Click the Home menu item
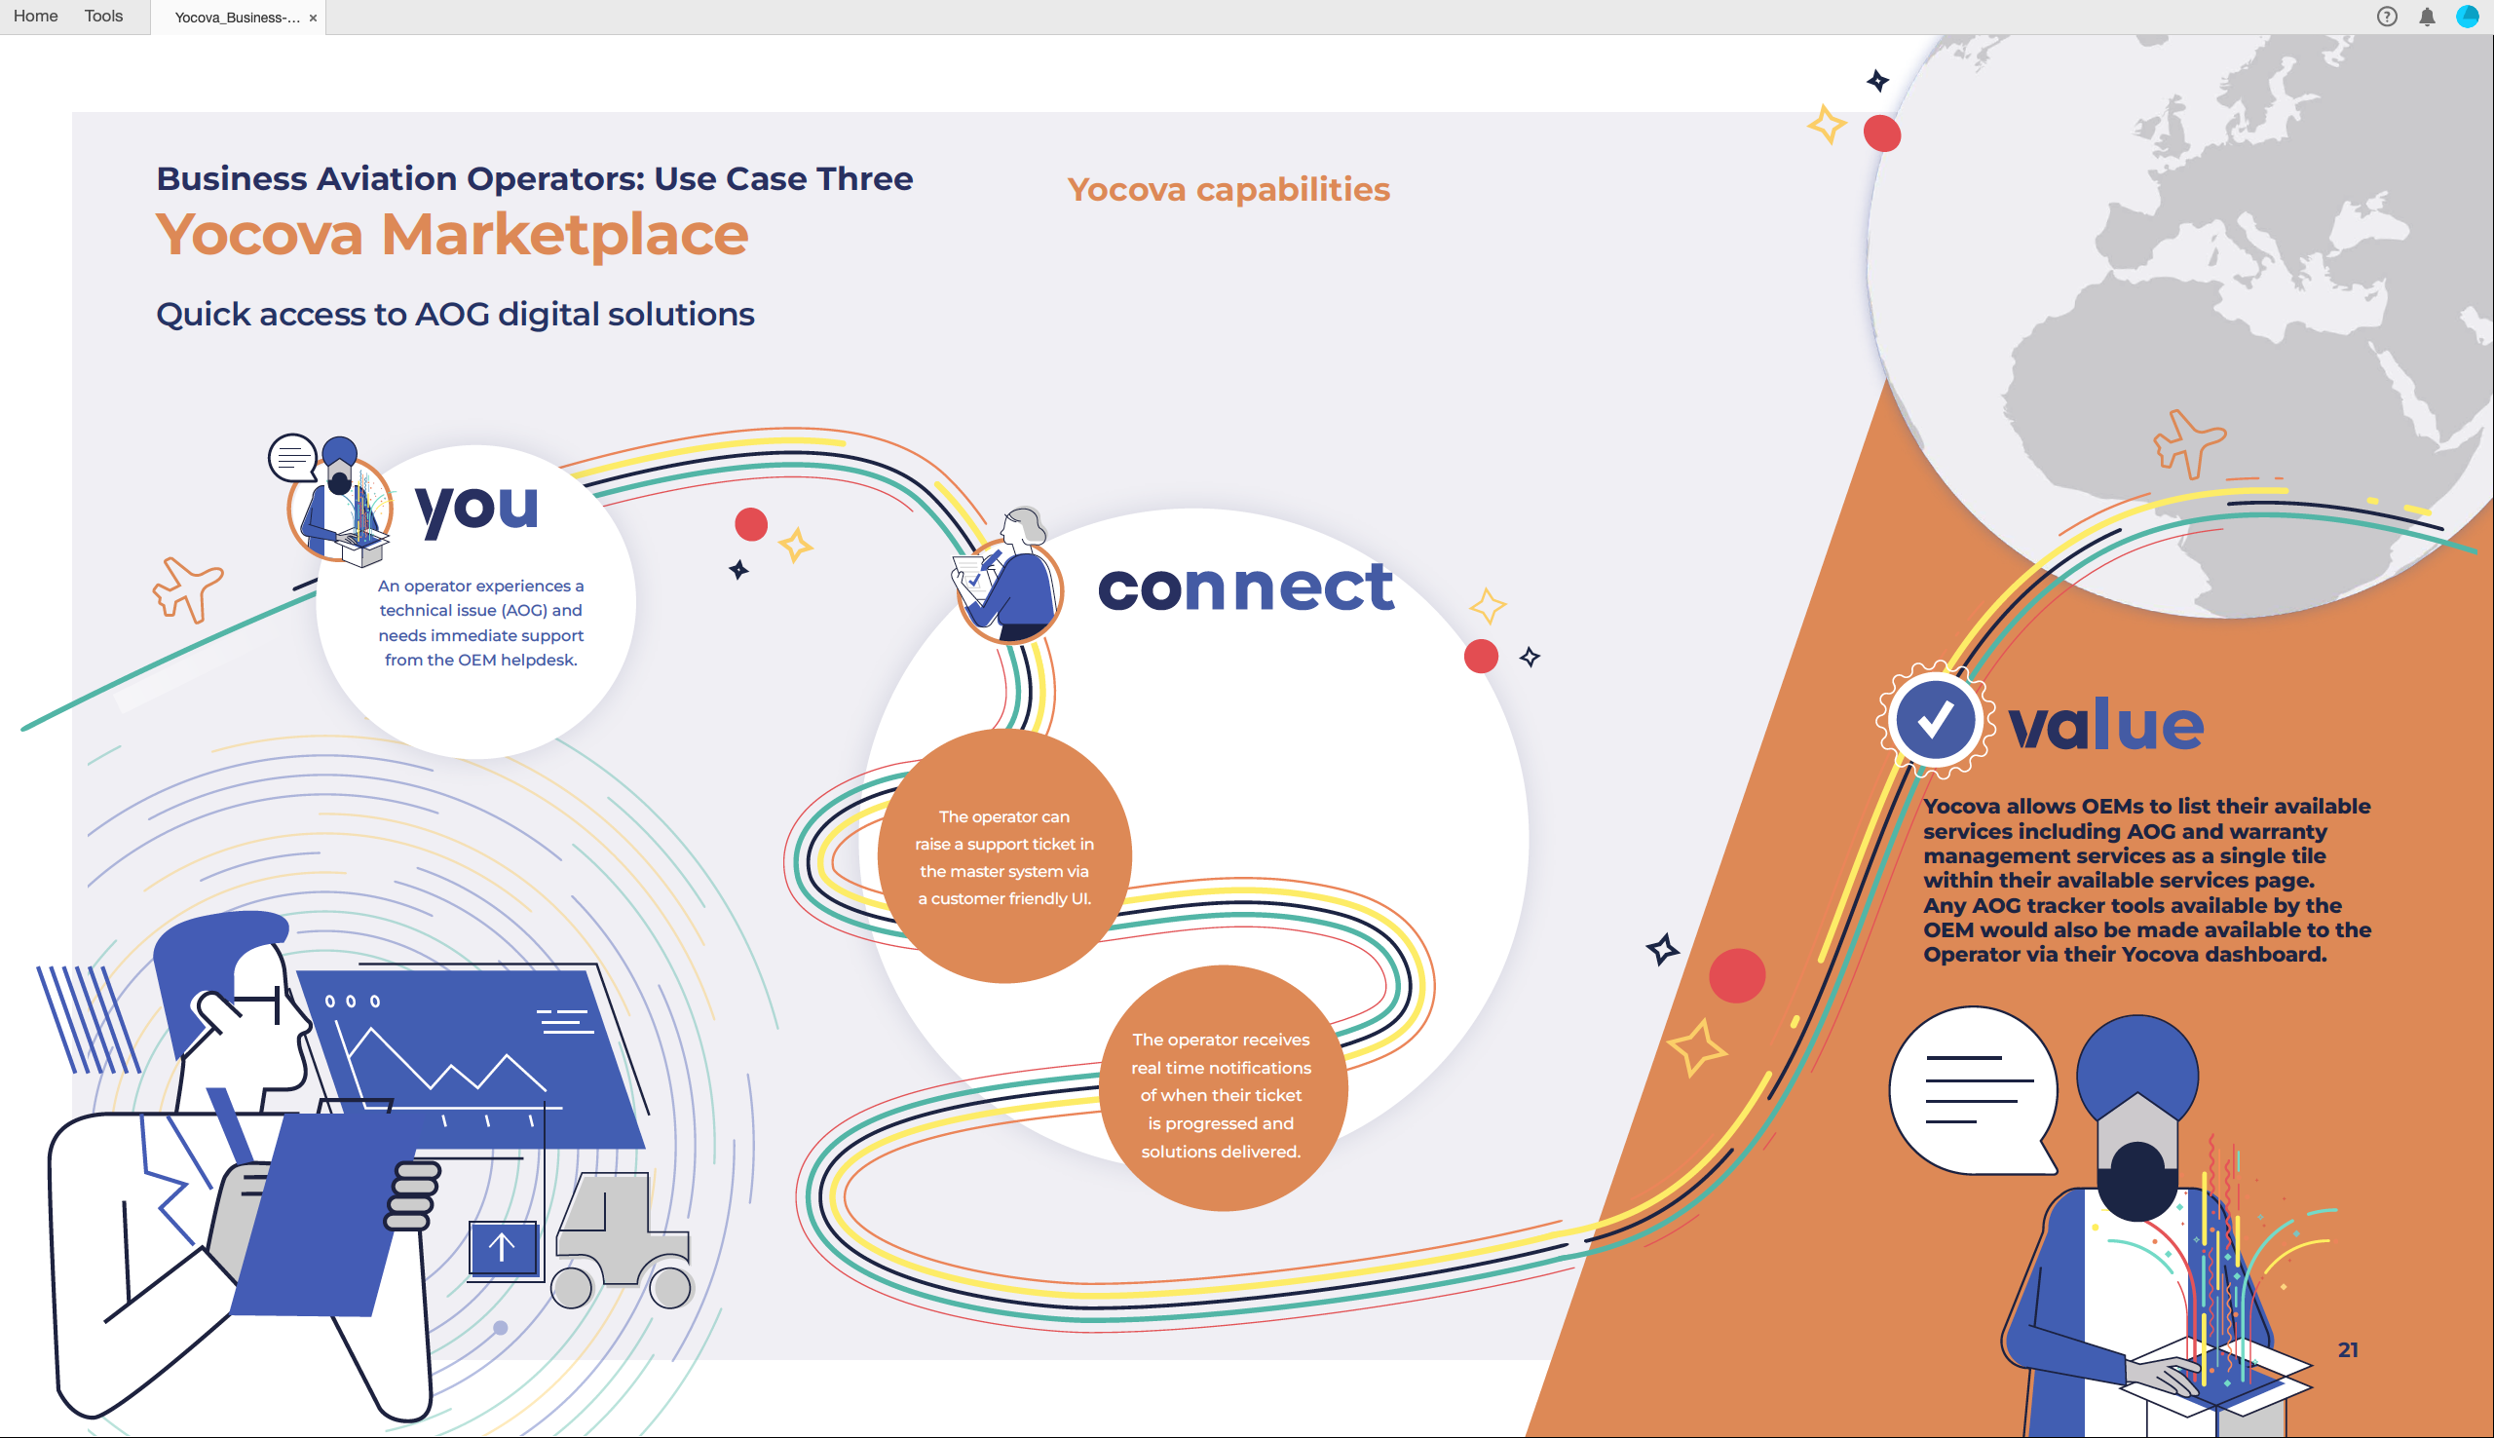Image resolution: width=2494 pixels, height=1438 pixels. pyautogui.click(x=35, y=16)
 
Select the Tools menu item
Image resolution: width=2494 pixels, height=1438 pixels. pyautogui.click(x=103, y=16)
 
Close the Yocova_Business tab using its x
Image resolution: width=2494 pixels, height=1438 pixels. pyautogui.click(x=313, y=18)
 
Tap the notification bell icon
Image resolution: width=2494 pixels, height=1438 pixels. pyautogui.click(x=2427, y=17)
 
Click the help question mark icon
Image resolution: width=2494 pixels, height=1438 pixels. pyautogui.click(x=2387, y=17)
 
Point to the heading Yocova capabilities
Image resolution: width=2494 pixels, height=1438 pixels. pyautogui.click(x=1228, y=190)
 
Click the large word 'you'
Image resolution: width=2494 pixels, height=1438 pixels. pyautogui.click(x=478, y=509)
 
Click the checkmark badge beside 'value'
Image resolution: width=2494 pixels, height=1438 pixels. pyautogui.click(x=1934, y=719)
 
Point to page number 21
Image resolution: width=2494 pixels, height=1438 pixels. pyautogui.click(x=2348, y=1350)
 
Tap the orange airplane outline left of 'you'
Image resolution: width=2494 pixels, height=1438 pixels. pyautogui.click(x=188, y=589)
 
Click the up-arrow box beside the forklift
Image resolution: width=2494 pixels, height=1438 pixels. pyautogui.click(x=504, y=1248)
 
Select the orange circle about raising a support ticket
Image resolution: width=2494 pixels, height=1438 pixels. pyautogui.click(x=1004, y=856)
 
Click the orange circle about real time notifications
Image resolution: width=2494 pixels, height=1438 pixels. pyautogui.click(x=1223, y=1088)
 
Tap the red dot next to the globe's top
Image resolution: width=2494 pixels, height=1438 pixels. pyautogui.click(x=1882, y=133)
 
